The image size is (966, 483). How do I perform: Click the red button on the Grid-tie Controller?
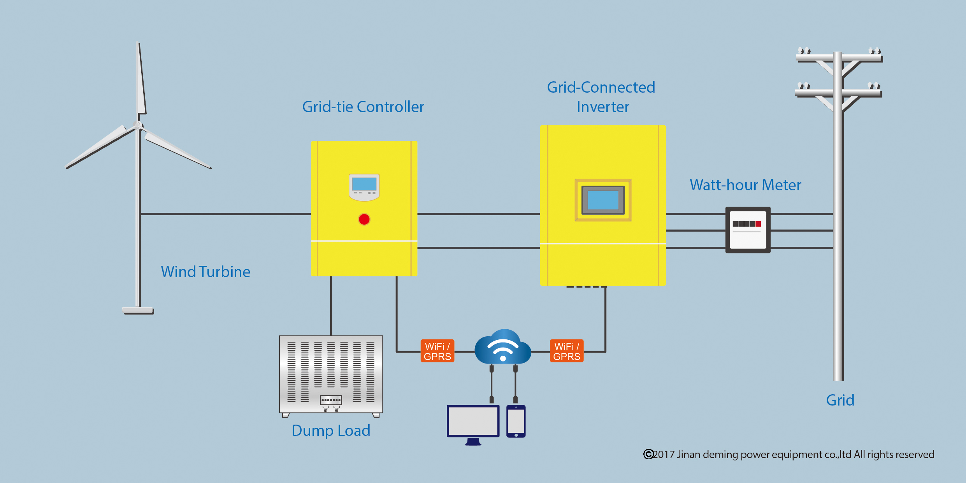pos(364,220)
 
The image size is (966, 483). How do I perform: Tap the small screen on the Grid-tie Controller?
pos(364,184)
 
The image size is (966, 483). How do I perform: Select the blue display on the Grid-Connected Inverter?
pos(603,200)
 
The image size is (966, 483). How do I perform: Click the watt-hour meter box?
pos(748,230)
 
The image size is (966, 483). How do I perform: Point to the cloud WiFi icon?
pos(503,347)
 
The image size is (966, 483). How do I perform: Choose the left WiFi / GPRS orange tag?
pos(437,351)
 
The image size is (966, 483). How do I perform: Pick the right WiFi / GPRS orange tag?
pos(567,351)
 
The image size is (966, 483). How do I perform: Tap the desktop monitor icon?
pos(473,422)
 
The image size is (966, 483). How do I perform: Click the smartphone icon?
pos(516,422)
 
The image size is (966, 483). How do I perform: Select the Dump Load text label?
pos(331,430)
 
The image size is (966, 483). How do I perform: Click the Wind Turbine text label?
pos(205,272)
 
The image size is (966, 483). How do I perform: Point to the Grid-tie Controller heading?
pos(363,107)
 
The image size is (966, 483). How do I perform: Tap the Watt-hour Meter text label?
pos(745,185)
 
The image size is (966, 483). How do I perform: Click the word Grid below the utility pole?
pos(840,400)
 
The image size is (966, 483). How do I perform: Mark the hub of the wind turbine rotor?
pos(137,125)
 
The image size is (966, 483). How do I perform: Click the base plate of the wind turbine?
pos(138,310)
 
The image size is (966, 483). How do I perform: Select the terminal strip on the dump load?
pos(331,400)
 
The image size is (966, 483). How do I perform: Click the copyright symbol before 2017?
pos(648,454)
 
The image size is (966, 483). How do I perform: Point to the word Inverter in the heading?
pos(603,107)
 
